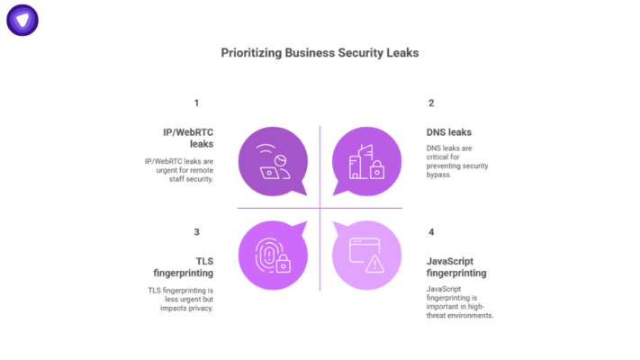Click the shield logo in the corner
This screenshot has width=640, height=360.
[x=23, y=22]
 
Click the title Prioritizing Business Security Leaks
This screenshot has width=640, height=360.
[x=320, y=53]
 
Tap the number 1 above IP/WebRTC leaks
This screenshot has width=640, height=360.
[x=196, y=103]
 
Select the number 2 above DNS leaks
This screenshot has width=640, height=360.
[x=430, y=103]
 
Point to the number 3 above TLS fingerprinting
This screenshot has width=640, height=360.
[x=196, y=232]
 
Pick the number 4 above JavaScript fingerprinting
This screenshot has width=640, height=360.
[x=431, y=232]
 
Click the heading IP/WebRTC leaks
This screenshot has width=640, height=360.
[x=188, y=138]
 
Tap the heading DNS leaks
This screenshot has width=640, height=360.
[x=449, y=132]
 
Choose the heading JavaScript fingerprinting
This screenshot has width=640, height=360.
[x=456, y=266]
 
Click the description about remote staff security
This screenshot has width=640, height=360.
[x=179, y=170]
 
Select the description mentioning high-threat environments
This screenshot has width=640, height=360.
[x=460, y=302]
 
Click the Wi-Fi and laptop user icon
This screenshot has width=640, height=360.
[x=271, y=162]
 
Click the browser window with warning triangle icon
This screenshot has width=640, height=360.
[x=366, y=255]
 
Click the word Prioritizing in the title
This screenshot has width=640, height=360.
[x=251, y=53]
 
